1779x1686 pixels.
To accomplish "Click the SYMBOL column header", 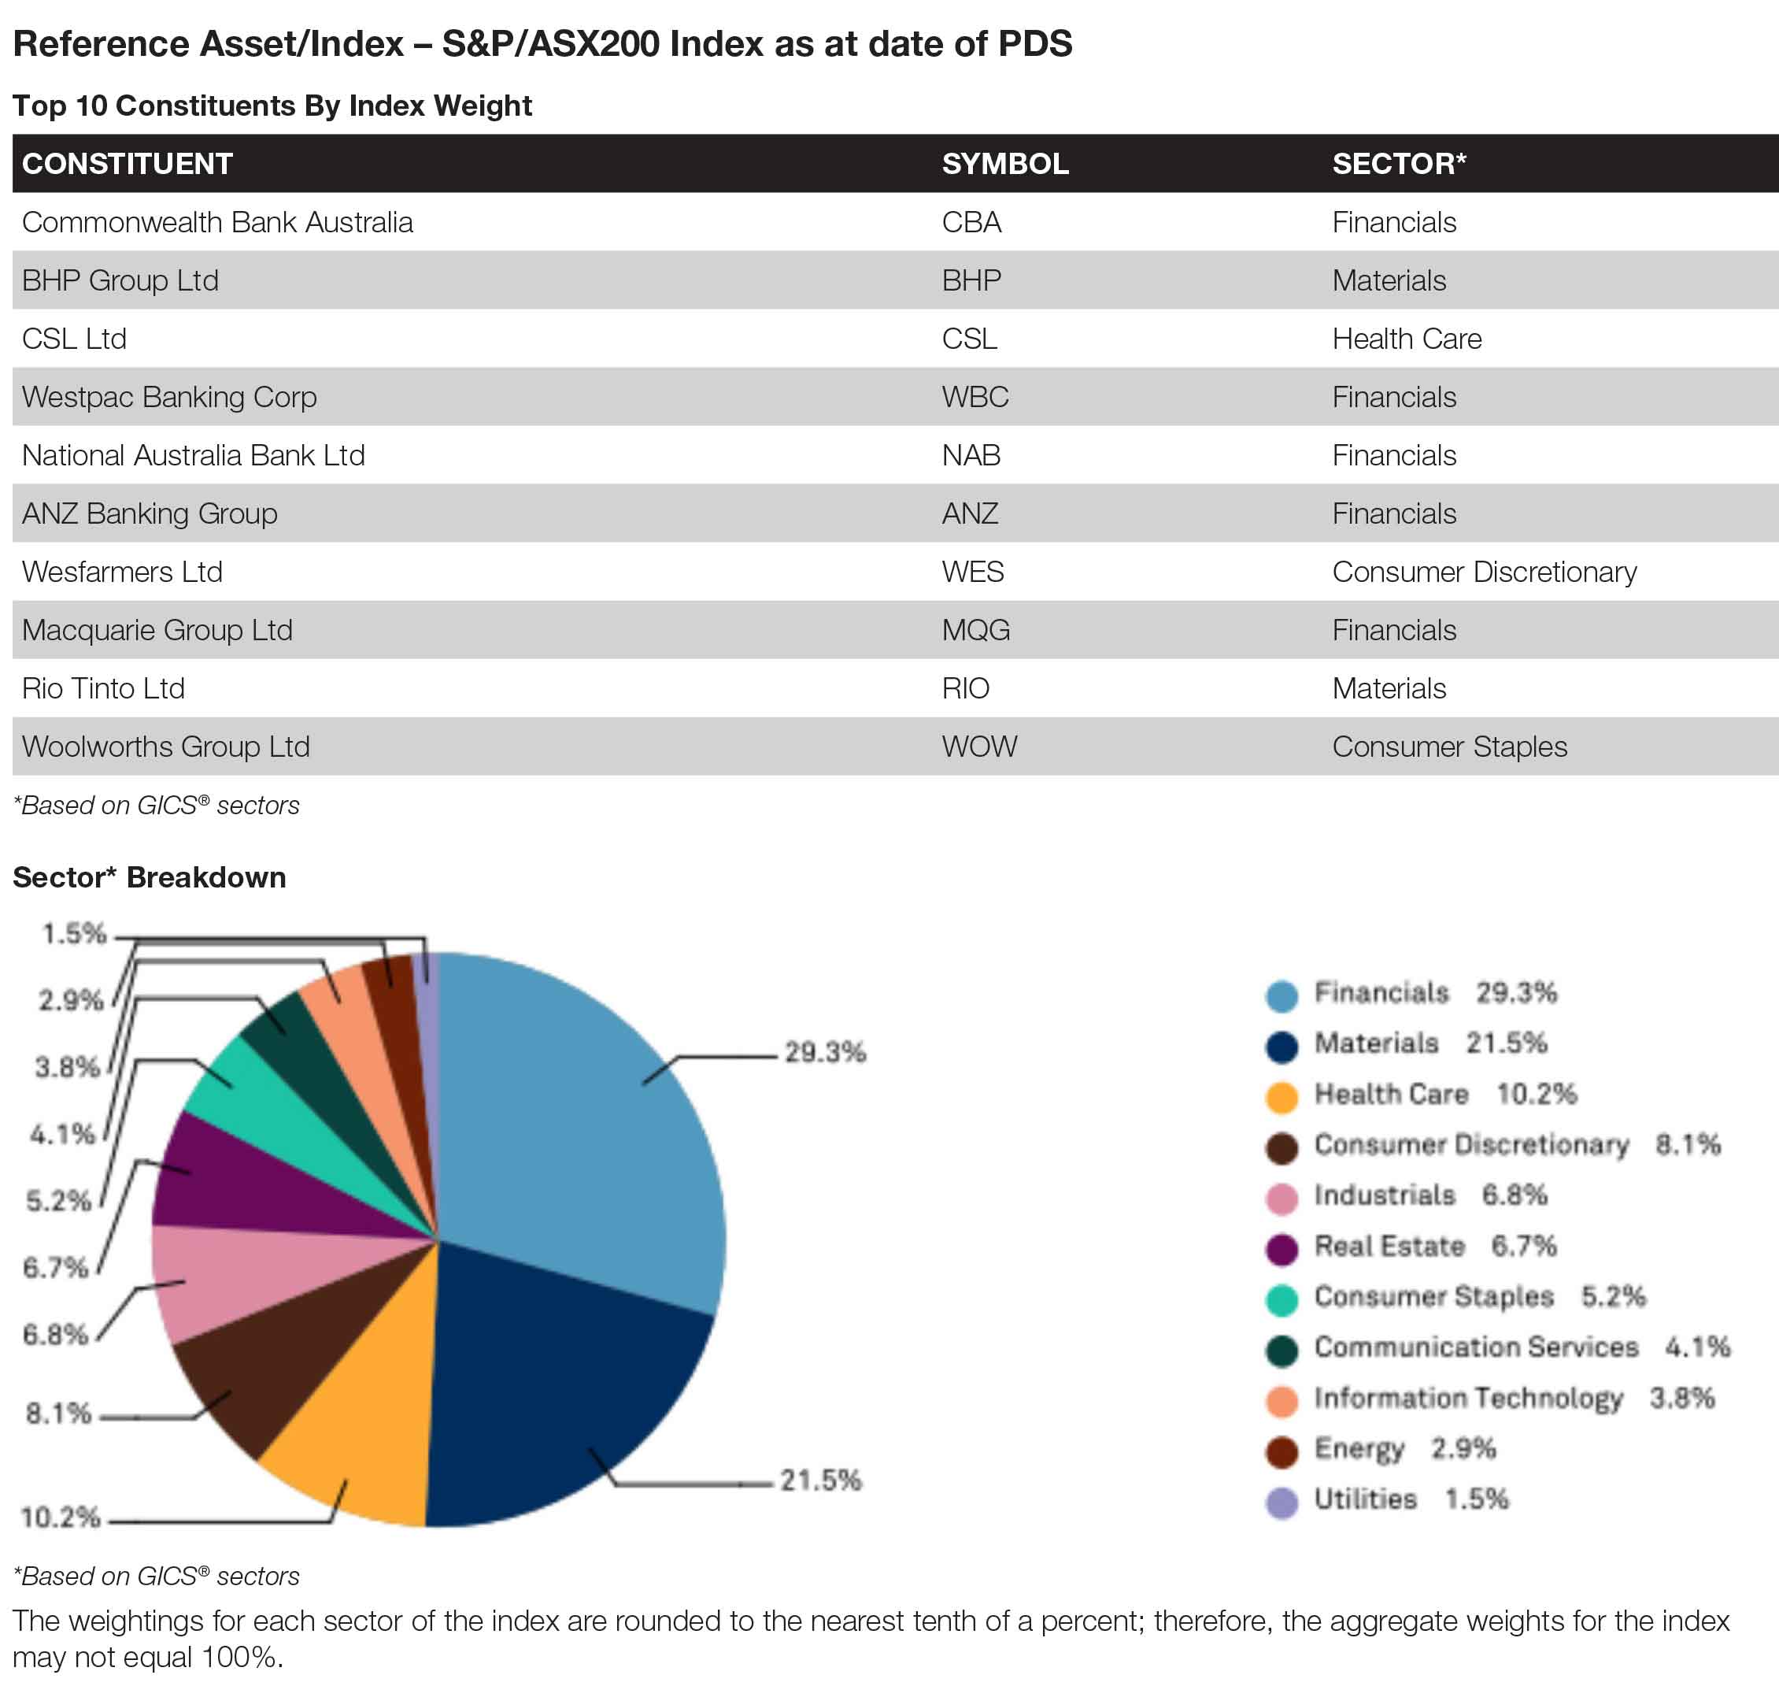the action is [1004, 164].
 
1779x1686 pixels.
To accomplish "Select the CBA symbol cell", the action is [971, 222].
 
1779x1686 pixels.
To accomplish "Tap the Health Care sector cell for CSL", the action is [1406, 339].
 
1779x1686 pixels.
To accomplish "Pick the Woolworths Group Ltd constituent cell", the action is [166, 746].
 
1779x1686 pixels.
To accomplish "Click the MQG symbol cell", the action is [976, 630].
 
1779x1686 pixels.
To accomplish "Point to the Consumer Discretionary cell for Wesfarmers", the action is [1485, 572].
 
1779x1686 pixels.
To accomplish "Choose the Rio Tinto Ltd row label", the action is [103, 688].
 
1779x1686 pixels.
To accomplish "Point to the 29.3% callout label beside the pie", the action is [825, 1051].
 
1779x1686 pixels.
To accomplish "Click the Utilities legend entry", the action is [1387, 1499].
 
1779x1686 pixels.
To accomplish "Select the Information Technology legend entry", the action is [1489, 1399].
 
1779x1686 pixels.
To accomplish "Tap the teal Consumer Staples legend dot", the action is [1282, 1299].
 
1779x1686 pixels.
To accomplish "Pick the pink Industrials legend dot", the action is [1282, 1198].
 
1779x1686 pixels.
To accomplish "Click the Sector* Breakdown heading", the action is [149, 877].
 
